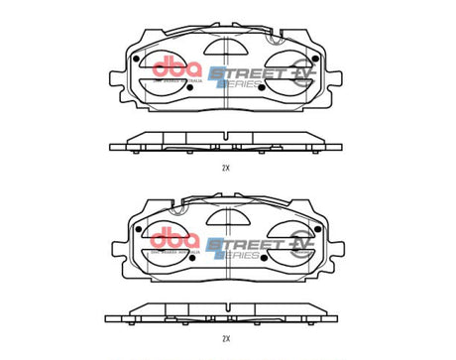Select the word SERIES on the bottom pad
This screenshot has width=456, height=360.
tap(241, 253)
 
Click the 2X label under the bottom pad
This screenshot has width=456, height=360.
tap(226, 338)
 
